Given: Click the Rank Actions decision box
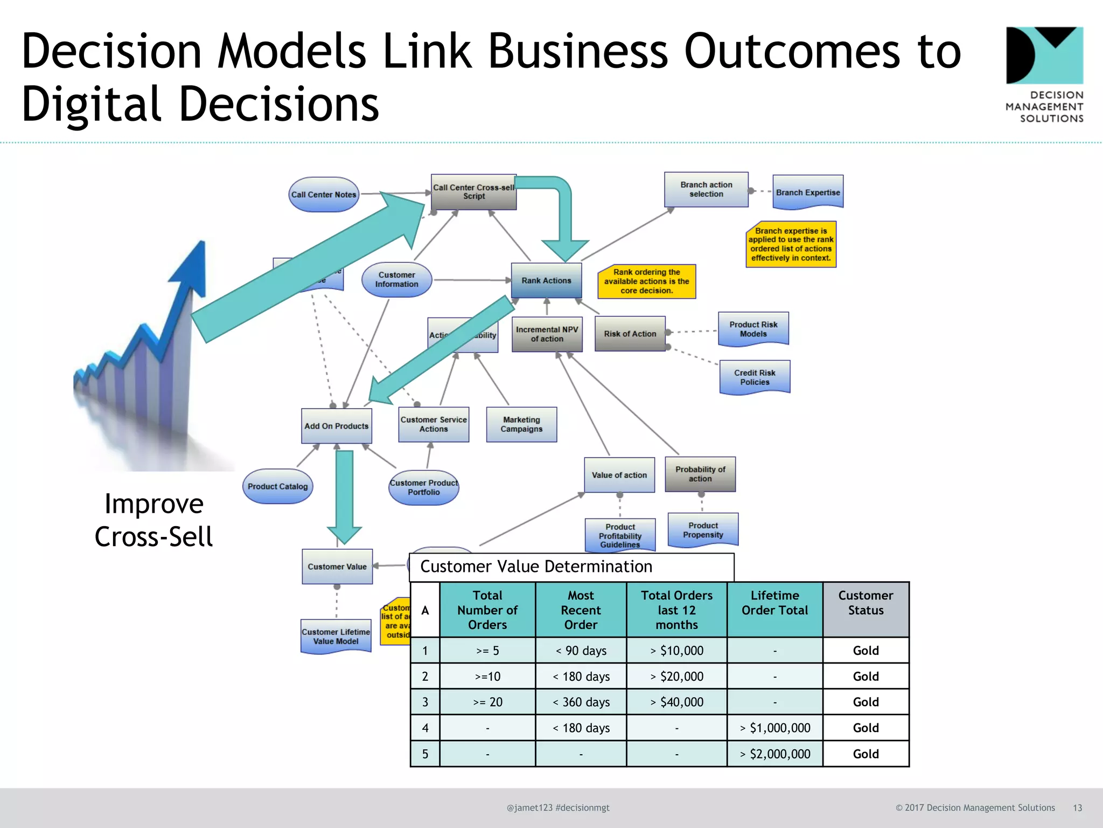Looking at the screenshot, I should (546, 280).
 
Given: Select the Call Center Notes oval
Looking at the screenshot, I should (324, 195).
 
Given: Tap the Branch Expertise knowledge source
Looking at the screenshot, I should (808, 192).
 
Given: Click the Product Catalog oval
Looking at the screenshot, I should (277, 486).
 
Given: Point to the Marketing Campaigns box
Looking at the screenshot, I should (521, 424).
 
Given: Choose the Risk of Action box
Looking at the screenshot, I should (630, 334).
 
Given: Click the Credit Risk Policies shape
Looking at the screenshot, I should (755, 377).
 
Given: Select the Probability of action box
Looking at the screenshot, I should (700, 474).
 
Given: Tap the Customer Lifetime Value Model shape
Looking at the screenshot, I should (336, 636).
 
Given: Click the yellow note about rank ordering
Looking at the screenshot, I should (646, 281).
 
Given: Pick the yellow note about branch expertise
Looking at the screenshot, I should (791, 244).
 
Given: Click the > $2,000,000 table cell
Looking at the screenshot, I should (774, 754).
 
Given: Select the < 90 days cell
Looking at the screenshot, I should (581, 651).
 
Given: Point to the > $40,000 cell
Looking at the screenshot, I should (676, 702).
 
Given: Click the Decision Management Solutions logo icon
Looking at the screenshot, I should (1044, 56).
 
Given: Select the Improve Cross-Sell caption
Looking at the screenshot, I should (154, 520).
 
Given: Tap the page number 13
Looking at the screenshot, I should (1077, 808).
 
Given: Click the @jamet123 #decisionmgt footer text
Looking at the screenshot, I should (558, 808).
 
